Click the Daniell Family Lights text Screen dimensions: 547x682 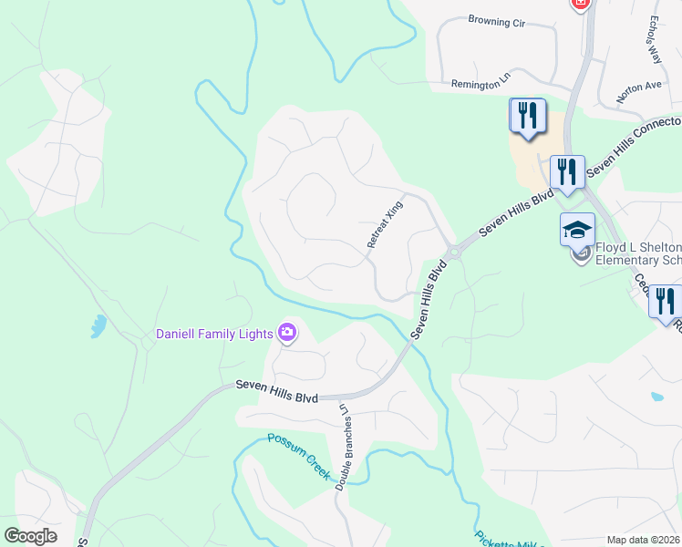[214, 334]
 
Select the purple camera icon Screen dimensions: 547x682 [287, 333]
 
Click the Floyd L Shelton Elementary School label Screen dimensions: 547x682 [638, 253]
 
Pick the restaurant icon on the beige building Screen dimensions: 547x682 [527, 115]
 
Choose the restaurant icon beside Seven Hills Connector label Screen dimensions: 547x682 [566, 171]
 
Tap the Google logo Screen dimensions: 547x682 [30, 536]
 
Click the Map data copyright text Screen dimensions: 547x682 [644, 540]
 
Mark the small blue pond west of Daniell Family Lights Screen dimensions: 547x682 [98, 325]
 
